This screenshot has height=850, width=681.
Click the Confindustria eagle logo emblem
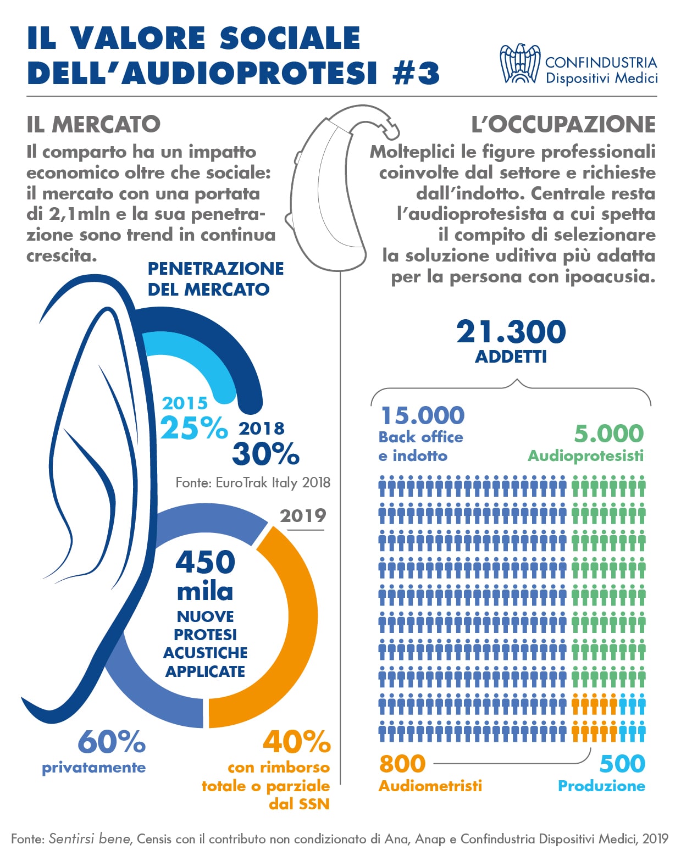(519, 64)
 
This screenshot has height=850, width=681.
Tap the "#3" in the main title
(417, 74)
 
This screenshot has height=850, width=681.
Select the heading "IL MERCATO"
(93, 125)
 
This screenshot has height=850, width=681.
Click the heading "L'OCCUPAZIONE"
(563, 125)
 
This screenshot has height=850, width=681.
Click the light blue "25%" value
(194, 428)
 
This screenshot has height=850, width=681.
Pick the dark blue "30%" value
(266, 454)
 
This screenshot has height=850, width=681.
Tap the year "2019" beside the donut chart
(303, 516)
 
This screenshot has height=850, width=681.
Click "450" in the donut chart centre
(206, 562)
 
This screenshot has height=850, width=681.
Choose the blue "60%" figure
(112, 742)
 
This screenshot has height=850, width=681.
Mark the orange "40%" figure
(297, 742)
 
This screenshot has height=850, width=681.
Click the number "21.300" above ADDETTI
(511, 332)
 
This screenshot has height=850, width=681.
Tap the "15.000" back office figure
(423, 416)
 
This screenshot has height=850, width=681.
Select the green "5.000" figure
(609, 434)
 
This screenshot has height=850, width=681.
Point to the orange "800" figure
(402, 764)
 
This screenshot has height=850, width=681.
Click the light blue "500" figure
(622, 764)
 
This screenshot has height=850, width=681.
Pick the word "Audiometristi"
(430, 786)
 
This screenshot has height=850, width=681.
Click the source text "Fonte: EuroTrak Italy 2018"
(253, 483)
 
